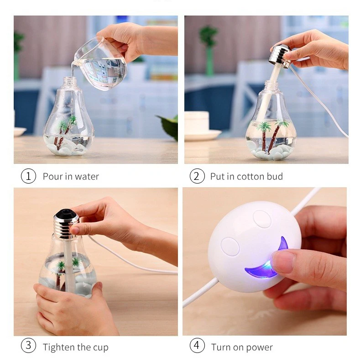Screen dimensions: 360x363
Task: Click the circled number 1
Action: (x=28, y=176)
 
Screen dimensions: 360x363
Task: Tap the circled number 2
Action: (x=197, y=176)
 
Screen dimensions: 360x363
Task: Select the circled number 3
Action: (x=28, y=345)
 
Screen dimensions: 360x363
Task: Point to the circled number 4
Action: (x=197, y=345)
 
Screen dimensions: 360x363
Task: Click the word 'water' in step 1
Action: (x=87, y=177)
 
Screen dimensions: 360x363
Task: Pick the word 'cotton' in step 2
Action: (x=251, y=177)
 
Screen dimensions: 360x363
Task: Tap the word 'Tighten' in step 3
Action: (x=58, y=348)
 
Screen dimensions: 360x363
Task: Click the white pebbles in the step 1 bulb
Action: (x=67, y=147)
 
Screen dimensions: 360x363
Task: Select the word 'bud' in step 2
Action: (x=275, y=176)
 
